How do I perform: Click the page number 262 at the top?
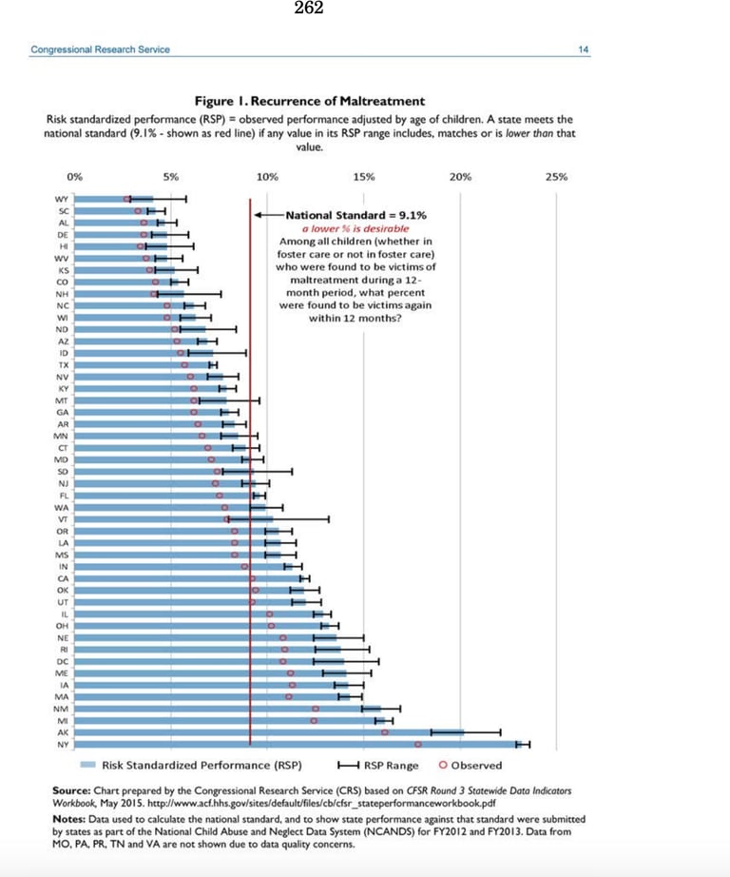pyautogui.click(x=309, y=10)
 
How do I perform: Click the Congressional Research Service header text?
pyautogui.click(x=101, y=49)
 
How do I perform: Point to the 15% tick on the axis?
pyautogui.click(x=363, y=177)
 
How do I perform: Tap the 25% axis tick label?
pyautogui.click(x=557, y=177)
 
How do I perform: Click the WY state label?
pyautogui.click(x=63, y=198)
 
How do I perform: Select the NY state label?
pyautogui.click(x=63, y=745)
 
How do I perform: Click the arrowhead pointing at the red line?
pyautogui.click(x=258, y=216)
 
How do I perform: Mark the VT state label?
pyautogui.click(x=63, y=519)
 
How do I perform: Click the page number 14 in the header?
pyautogui.click(x=583, y=49)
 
